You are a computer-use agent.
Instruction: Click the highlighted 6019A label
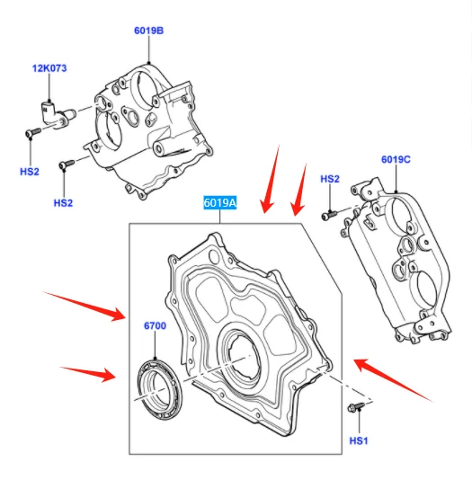coord(219,203)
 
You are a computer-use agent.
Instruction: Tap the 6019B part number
coord(149,30)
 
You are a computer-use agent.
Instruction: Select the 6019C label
coord(396,159)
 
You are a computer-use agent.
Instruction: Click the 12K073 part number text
coord(50,68)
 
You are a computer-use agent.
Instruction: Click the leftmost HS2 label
coord(30,171)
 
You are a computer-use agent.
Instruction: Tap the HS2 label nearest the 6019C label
coord(330,179)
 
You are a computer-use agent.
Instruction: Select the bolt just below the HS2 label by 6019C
coord(330,214)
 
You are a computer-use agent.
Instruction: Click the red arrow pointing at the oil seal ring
coord(86,370)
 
